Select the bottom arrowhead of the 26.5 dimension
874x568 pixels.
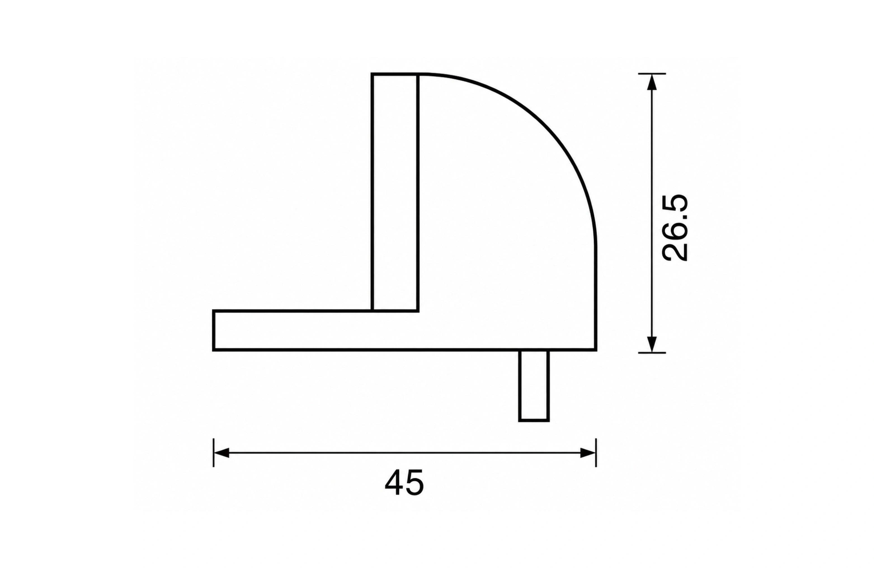pos(652,344)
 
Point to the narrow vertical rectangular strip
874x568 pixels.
pos(395,192)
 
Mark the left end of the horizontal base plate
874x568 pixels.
pos(214,331)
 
